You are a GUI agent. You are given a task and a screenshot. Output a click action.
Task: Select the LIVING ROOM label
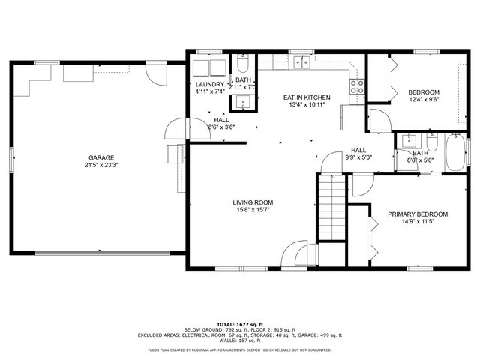tap(252, 202)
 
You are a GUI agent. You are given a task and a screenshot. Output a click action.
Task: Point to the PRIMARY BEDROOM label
tap(418, 214)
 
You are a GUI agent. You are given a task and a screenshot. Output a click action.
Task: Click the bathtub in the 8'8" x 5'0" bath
tap(455, 154)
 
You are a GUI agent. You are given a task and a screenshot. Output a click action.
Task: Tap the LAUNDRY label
tap(209, 84)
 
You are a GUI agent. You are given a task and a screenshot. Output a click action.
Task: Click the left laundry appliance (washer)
tap(202, 67)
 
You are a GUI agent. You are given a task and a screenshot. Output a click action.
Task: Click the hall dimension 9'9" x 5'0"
tap(358, 158)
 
